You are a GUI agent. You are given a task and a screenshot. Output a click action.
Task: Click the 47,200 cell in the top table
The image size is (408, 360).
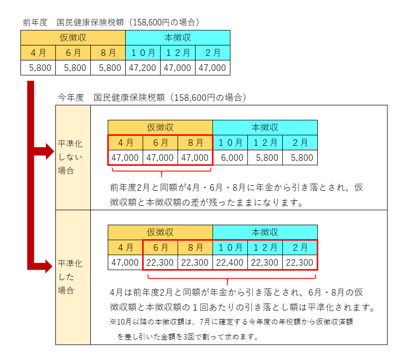click(x=143, y=68)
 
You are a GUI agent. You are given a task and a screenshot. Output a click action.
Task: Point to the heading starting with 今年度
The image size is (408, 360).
click(x=152, y=97)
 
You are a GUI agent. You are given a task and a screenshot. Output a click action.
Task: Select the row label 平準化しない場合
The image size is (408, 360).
click(x=70, y=157)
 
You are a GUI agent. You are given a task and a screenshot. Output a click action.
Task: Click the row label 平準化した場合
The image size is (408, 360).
click(x=70, y=277)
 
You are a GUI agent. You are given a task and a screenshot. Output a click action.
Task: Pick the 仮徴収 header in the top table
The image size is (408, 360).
click(x=73, y=37)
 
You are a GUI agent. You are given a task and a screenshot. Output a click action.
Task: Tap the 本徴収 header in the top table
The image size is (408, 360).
click(x=178, y=37)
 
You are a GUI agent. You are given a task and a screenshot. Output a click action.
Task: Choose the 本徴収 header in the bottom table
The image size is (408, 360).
click(x=265, y=233)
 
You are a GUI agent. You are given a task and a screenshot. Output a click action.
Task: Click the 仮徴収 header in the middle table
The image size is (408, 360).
click(x=160, y=128)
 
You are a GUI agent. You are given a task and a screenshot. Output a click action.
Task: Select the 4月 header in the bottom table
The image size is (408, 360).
click(x=125, y=248)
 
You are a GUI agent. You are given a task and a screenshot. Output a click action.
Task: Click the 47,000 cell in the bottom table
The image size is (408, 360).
click(x=125, y=263)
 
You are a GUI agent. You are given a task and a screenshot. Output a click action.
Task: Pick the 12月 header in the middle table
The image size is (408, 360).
click(x=265, y=143)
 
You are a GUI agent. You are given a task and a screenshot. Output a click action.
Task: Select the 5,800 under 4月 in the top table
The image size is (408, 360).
click(x=38, y=68)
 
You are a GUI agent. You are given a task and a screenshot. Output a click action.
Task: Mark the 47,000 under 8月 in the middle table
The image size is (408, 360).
click(x=195, y=158)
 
